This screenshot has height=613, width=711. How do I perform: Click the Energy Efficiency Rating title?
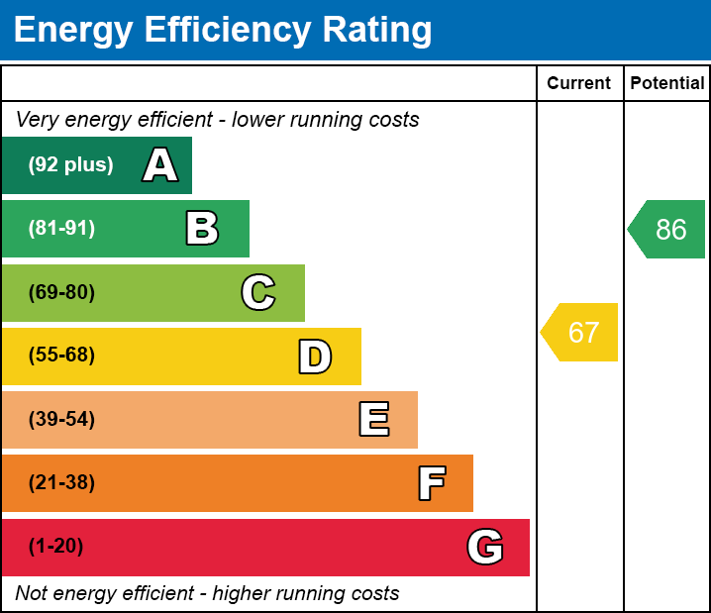(223, 31)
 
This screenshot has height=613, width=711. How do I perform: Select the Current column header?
(579, 84)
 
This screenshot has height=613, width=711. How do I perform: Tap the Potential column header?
(667, 84)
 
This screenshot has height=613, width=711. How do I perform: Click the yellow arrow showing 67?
(580, 332)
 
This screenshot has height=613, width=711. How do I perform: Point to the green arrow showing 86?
(667, 230)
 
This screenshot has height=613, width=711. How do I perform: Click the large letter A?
(160, 165)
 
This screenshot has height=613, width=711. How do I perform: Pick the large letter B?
(202, 229)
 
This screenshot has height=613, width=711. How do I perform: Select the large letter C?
(258, 292)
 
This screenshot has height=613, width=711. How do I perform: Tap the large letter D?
(315, 357)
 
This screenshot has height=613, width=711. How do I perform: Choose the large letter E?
(373, 420)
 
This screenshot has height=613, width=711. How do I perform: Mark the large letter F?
(431, 483)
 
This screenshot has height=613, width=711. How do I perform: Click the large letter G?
(485, 547)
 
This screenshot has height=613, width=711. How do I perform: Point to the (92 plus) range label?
(70, 165)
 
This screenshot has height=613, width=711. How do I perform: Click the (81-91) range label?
(61, 229)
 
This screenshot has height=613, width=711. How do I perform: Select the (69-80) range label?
(61, 292)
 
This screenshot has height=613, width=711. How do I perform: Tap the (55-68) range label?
(61, 356)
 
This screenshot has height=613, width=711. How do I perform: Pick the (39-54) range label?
(61, 420)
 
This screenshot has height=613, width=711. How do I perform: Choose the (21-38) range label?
(61, 483)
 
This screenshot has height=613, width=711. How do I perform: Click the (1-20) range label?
(56, 547)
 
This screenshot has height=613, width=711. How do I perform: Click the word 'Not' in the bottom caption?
(31, 594)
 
